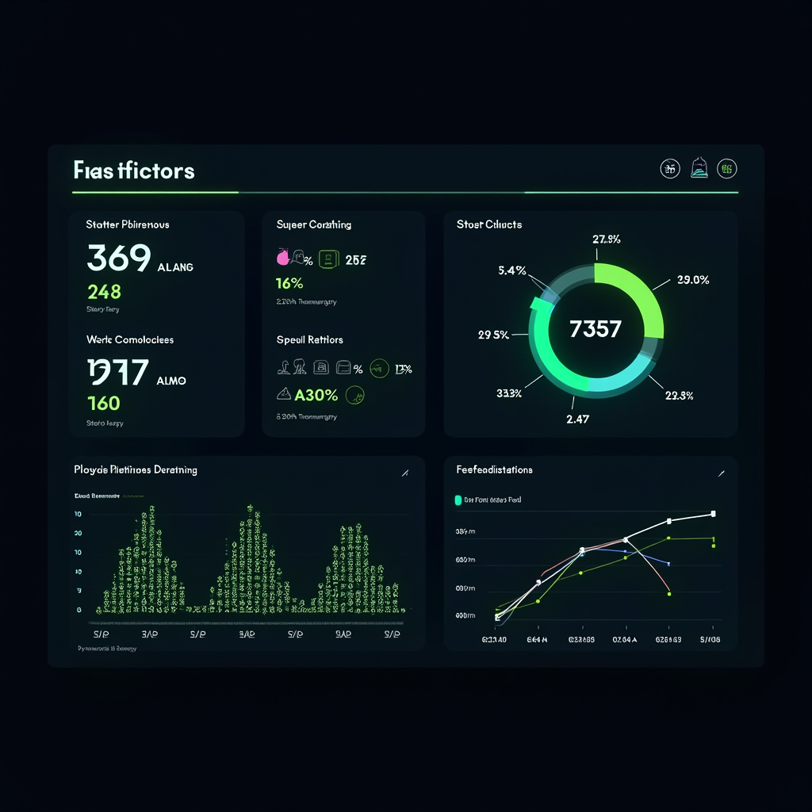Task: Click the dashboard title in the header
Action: click(x=133, y=170)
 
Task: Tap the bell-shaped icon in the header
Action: click(x=699, y=167)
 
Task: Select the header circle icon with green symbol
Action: click(x=727, y=167)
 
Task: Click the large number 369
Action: click(x=118, y=259)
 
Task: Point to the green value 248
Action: click(x=104, y=291)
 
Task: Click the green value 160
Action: click(x=103, y=403)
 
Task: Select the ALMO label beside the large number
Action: click(x=171, y=381)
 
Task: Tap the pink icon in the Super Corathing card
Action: click(x=282, y=258)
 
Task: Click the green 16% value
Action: click(x=289, y=283)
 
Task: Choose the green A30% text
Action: click(x=316, y=394)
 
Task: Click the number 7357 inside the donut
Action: click(x=595, y=328)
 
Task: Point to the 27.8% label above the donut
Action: click(x=606, y=239)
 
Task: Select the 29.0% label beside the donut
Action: click(x=693, y=279)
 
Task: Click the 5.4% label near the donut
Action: click(x=512, y=270)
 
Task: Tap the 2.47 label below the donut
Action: click(x=577, y=419)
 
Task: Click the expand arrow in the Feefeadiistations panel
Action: click(x=721, y=473)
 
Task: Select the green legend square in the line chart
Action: click(x=458, y=500)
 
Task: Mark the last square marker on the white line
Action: click(x=713, y=514)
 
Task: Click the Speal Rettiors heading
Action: click(x=309, y=339)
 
